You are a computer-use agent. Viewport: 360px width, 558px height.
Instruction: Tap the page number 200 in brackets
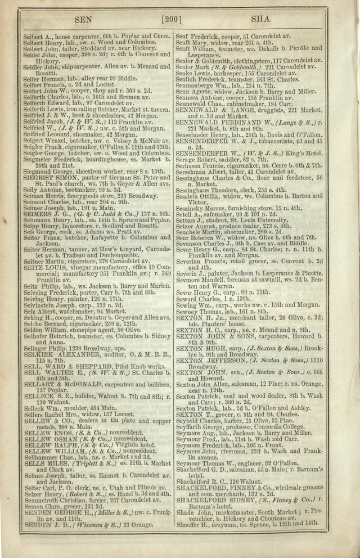click(x=171, y=20)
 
